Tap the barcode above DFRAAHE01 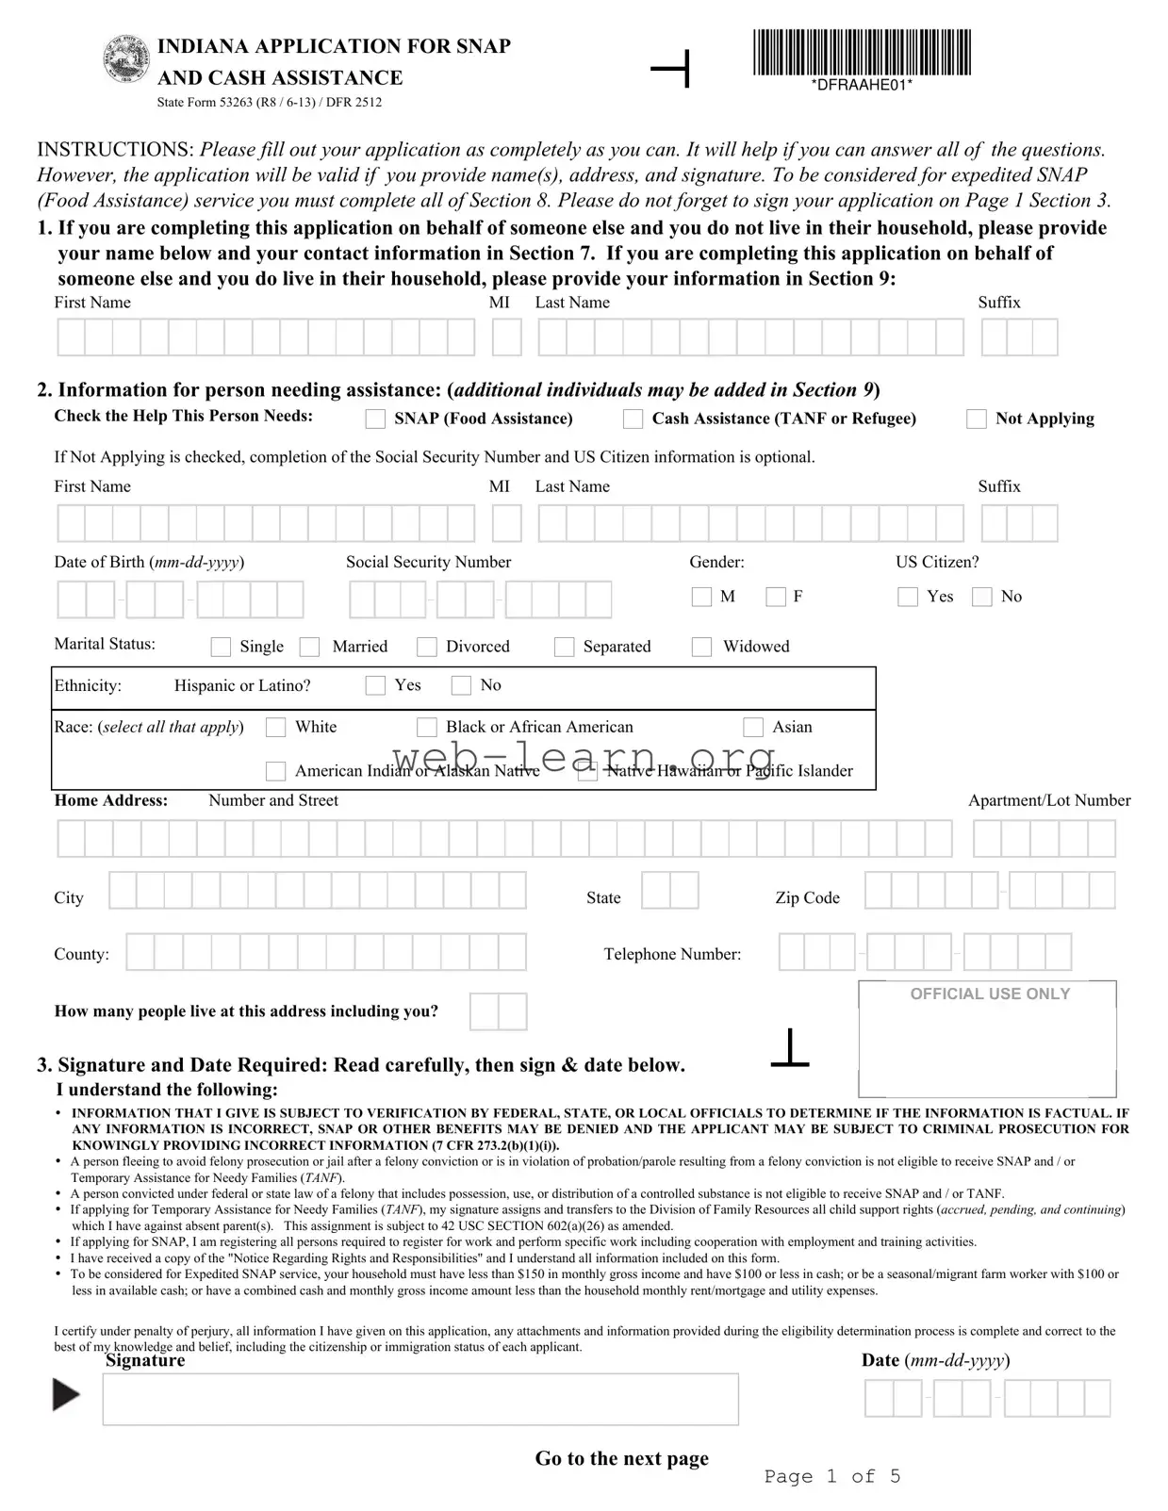[x=862, y=53]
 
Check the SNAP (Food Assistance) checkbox [x=375, y=419]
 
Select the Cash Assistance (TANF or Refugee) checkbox [x=633, y=419]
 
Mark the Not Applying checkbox [x=977, y=419]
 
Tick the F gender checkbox [x=776, y=597]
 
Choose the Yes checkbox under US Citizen [x=908, y=597]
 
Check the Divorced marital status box [x=427, y=647]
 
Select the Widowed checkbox [x=701, y=647]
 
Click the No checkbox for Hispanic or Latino [x=461, y=685]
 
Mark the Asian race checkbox [x=753, y=727]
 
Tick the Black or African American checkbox [x=427, y=727]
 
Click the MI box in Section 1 [x=506, y=337]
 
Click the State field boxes [x=669, y=891]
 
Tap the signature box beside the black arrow [x=419, y=1399]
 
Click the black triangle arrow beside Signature [x=65, y=1395]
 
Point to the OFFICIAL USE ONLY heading [x=990, y=994]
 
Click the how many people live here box [x=498, y=1012]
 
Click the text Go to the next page [x=621, y=1458]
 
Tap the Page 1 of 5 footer [x=831, y=1476]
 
